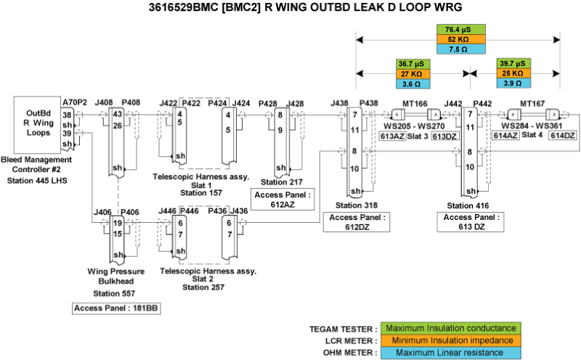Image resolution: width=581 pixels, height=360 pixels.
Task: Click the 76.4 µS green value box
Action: point(458,29)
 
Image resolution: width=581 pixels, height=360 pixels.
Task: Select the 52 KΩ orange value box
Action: point(458,39)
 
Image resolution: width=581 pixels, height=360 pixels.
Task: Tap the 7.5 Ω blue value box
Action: point(458,49)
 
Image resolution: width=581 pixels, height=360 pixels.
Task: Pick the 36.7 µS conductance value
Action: point(414,63)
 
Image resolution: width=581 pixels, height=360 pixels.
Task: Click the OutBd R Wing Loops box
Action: point(38,123)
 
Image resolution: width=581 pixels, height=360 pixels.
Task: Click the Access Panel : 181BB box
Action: point(116,308)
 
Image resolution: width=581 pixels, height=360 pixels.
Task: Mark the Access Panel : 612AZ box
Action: point(282,200)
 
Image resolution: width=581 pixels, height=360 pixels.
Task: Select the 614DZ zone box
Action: point(562,136)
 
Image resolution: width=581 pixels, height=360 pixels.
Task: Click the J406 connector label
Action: point(103,212)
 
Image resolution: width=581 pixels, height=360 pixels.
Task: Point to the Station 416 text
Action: point(464,206)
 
